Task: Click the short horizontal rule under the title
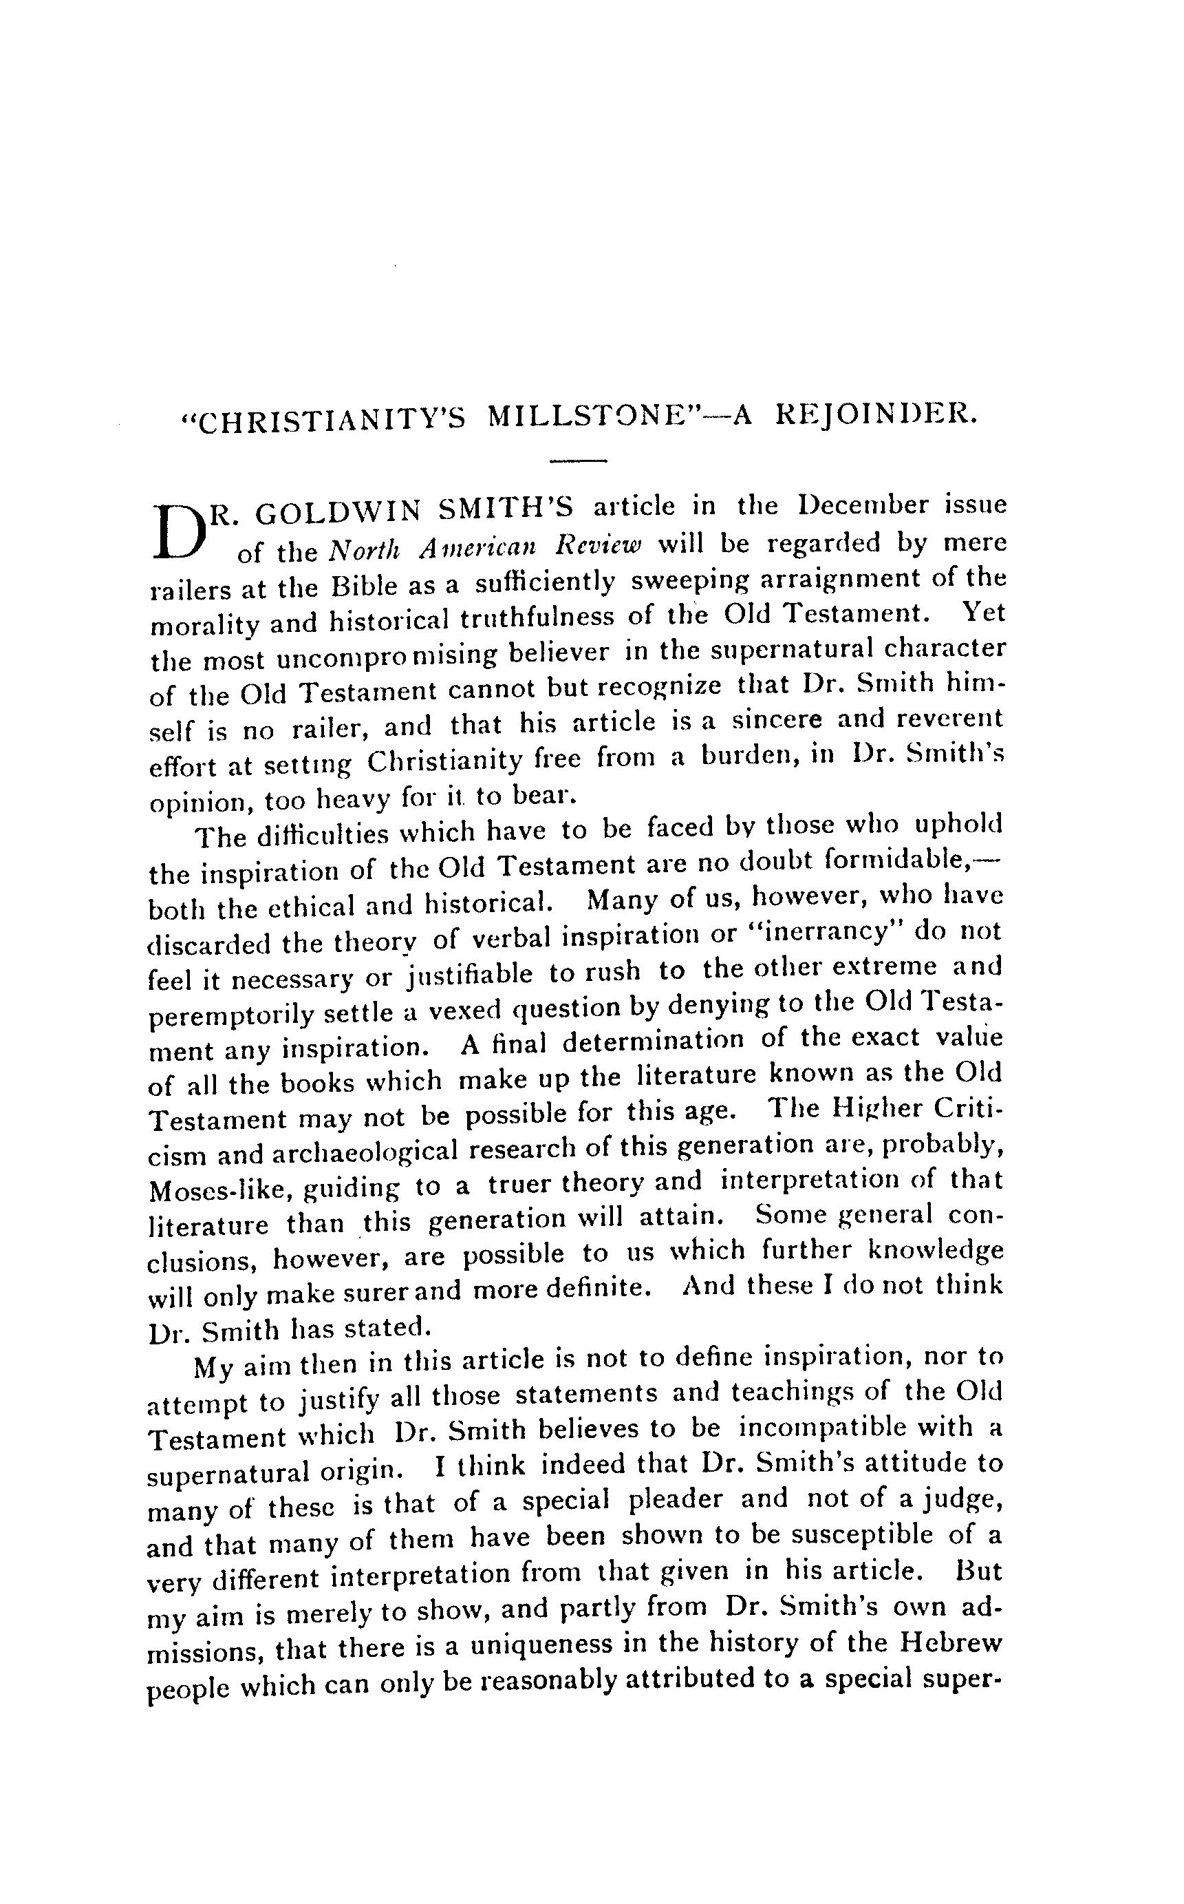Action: (x=579, y=460)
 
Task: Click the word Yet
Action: (x=982, y=612)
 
